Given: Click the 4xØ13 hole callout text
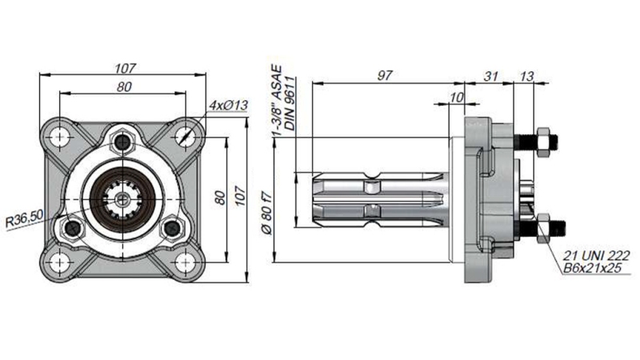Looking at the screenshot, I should point(227,106).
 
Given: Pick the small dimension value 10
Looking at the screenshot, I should point(458,97).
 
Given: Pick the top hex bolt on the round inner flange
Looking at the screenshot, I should point(122,142).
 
